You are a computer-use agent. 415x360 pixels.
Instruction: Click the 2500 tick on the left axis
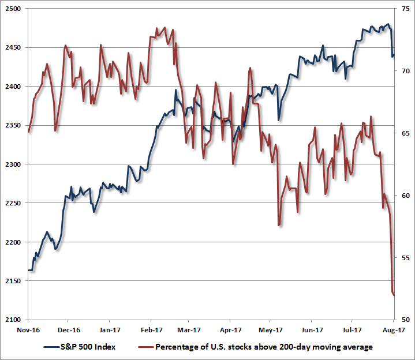[x=12, y=9]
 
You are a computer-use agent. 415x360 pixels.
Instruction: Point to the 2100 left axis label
[x=12, y=320]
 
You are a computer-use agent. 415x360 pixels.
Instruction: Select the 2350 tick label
[x=12, y=126]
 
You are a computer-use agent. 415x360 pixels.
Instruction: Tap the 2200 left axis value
[x=12, y=242]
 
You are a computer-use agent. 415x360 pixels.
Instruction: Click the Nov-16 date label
[x=28, y=331]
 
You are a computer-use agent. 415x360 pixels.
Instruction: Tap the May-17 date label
[x=270, y=331]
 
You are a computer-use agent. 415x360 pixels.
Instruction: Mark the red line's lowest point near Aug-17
[x=394, y=295]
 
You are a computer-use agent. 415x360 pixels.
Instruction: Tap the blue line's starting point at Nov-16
[x=29, y=270]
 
